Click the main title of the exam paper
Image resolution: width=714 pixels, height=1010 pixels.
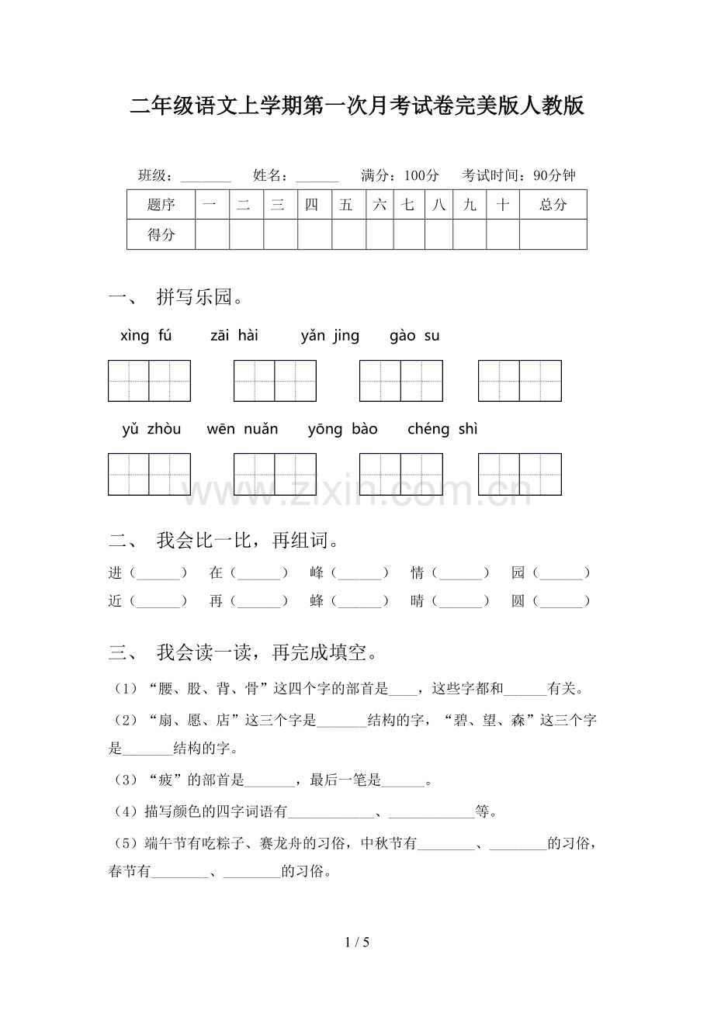point(357,105)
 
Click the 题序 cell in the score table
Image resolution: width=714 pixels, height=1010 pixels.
point(161,205)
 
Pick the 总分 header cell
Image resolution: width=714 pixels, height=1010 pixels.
point(553,205)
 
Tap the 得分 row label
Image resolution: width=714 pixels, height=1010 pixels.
point(161,234)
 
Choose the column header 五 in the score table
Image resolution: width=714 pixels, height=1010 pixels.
point(346,205)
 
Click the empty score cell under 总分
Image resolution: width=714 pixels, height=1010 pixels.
point(553,234)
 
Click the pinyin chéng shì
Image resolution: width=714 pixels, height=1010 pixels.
point(442,429)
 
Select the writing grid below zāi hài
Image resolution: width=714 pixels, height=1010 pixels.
point(275,381)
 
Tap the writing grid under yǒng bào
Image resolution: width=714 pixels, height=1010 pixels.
point(400,474)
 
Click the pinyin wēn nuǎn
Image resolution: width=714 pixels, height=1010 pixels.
point(242,429)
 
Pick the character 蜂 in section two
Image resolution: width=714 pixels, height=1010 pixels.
point(317,600)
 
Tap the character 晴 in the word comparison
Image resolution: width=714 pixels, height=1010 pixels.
point(418,600)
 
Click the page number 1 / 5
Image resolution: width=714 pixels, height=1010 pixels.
point(357,943)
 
